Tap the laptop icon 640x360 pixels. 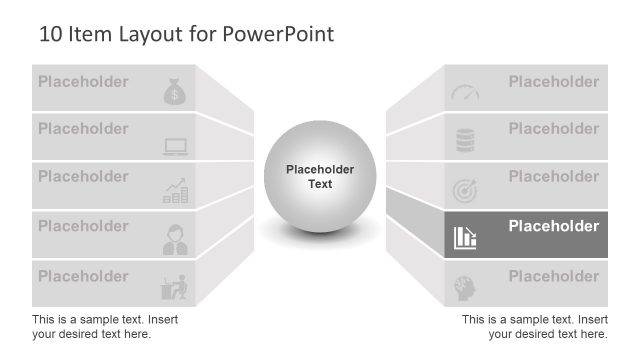(176, 147)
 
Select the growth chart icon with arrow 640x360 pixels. (176, 191)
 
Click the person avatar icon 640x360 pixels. (175, 240)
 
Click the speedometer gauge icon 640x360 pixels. (465, 93)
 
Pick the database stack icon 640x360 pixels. (465, 141)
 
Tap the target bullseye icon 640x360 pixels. (465, 189)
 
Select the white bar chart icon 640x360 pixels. (465, 237)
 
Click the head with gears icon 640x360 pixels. (465, 286)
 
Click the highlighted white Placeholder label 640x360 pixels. (553, 226)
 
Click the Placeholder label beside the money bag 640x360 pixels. (83, 82)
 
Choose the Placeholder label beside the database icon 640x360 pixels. (553, 129)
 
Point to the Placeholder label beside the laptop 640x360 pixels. (83, 129)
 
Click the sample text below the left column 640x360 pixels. (105, 326)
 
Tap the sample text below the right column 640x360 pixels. (534, 326)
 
